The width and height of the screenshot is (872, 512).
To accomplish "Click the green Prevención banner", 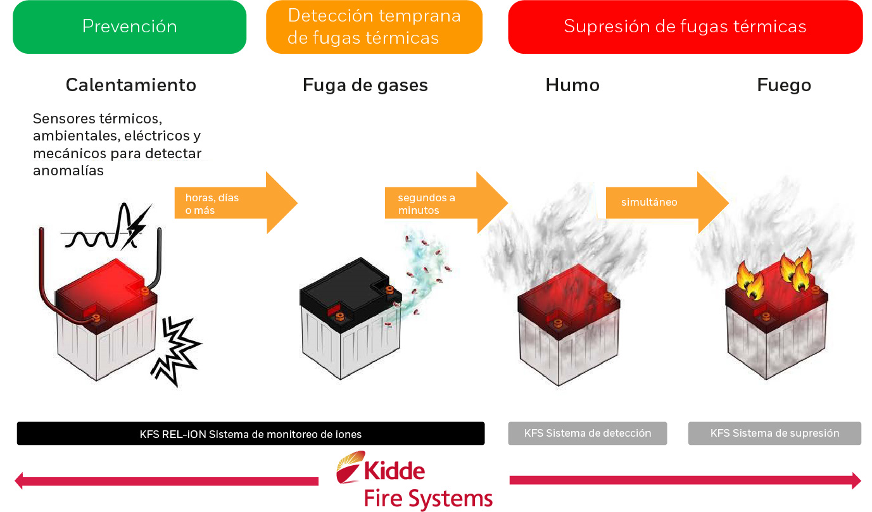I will click(x=129, y=27).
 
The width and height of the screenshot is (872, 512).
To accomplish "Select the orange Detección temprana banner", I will click(x=374, y=27).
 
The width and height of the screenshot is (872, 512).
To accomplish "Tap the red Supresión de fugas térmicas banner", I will click(x=685, y=27).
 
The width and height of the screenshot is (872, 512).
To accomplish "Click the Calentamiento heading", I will click(x=131, y=85).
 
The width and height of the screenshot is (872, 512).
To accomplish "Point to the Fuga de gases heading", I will click(x=365, y=85).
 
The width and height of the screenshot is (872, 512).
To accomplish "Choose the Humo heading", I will click(x=572, y=85).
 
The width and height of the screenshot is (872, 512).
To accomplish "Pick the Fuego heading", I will click(x=783, y=85).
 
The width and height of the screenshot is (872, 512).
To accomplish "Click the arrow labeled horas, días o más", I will click(x=234, y=203).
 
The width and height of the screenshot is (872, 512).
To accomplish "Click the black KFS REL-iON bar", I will click(x=250, y=434).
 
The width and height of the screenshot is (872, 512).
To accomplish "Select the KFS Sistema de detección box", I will click(x=587, y=434).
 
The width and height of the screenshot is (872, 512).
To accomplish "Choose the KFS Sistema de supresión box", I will click(x=774, y=434).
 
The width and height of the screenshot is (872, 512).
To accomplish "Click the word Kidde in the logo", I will click(x=394, y=471).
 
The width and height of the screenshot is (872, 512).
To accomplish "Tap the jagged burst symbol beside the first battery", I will click(x=176, y=350).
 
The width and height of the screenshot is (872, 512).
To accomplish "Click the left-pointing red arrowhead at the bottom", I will click(x=20, y=481).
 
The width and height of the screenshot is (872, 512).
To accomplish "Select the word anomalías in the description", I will click(x=68, y=171).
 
